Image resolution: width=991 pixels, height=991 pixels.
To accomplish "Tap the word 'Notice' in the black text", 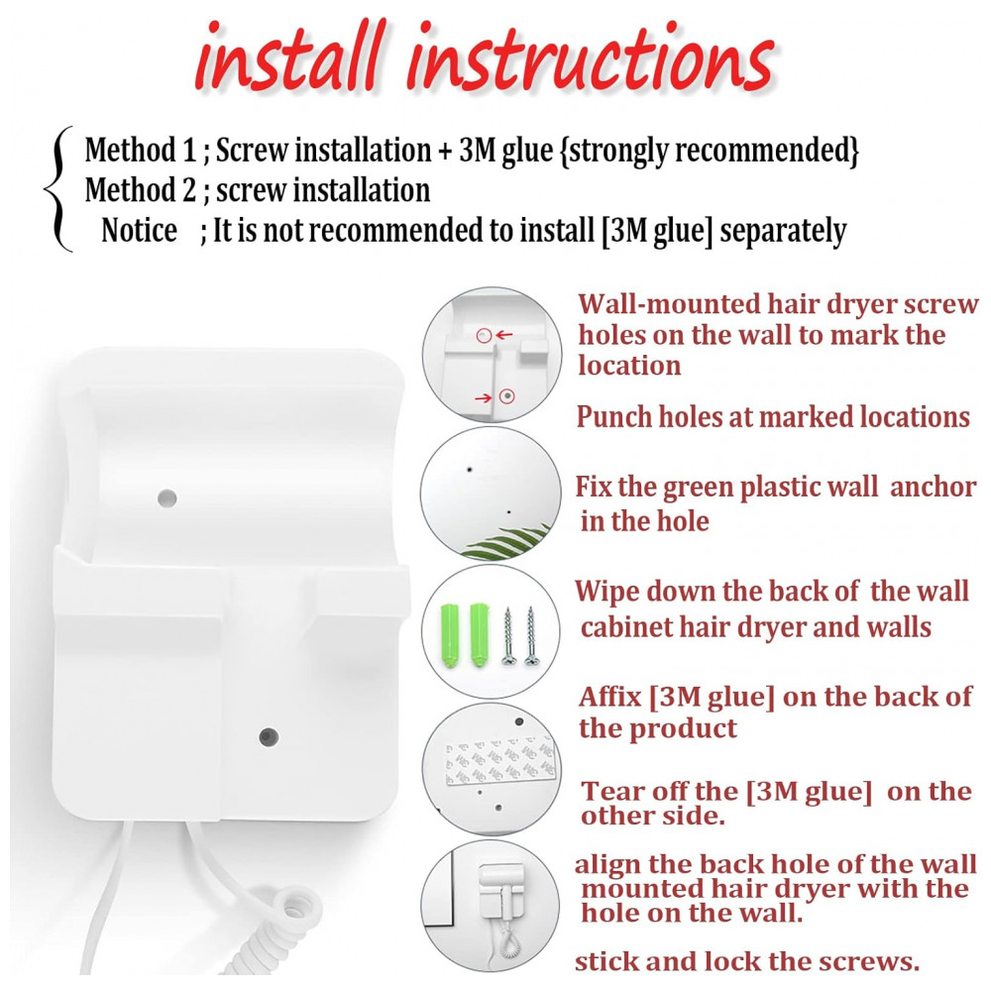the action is (139, 230).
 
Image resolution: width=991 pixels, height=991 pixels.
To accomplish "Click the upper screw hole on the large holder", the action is (166, 497).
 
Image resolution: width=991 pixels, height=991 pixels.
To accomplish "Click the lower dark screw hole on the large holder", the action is (269, 736).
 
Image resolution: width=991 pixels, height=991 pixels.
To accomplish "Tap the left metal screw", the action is (507, 636).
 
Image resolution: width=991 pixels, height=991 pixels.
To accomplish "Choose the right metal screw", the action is (531, 636).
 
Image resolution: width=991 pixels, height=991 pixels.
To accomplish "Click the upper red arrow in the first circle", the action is (503, 335).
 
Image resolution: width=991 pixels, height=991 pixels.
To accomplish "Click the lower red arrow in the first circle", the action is (484, 397).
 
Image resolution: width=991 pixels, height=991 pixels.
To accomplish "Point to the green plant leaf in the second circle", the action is (507, 542).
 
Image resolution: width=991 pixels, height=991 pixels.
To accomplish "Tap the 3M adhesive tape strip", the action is (499, 762).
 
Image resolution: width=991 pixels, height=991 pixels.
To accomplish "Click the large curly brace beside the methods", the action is (58, 189).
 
